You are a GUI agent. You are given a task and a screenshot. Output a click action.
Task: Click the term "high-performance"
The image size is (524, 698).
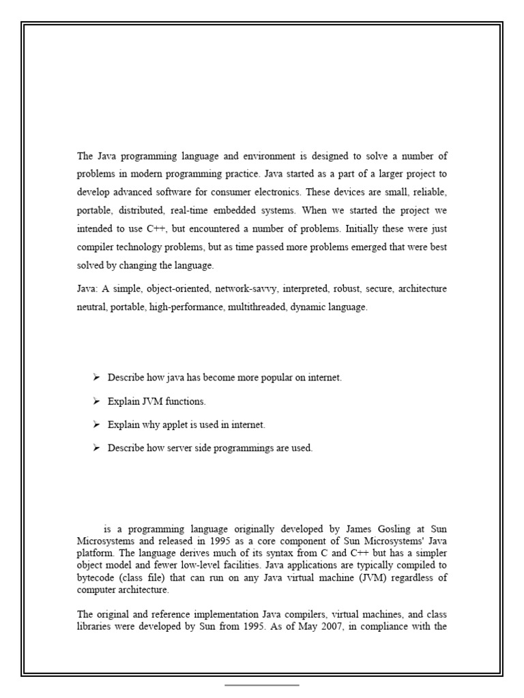[x=186, y=307]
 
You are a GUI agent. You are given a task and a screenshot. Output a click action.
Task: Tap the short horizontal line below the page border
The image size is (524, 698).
[x=262, y=684]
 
